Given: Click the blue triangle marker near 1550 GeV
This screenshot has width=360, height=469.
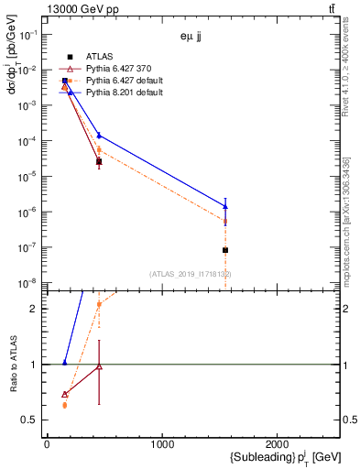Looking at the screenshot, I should tap(225, 205).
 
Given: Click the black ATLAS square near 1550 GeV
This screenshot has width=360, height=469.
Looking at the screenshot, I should tap(225, 250).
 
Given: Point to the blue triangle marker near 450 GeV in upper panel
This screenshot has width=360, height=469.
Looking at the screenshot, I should tap(99, 136).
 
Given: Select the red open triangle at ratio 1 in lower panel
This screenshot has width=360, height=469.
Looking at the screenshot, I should tap(99, 366).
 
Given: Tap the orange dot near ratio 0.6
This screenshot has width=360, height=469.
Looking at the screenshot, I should tap(64, 405).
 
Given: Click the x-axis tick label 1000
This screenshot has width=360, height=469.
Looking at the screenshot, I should tap(162, 445).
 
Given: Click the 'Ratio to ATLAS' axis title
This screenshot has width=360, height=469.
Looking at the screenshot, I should tap(13, 365).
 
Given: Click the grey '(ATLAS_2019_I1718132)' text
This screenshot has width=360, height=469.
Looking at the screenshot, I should tap(191, 274).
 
